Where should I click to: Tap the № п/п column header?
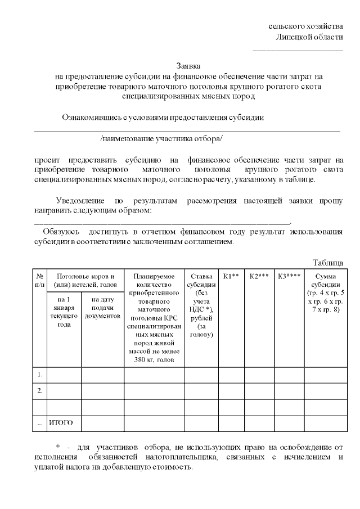40,280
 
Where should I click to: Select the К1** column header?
231,276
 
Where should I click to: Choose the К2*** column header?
259,276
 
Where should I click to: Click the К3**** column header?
289,276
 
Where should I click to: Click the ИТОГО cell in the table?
61,422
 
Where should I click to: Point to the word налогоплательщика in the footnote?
172,457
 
